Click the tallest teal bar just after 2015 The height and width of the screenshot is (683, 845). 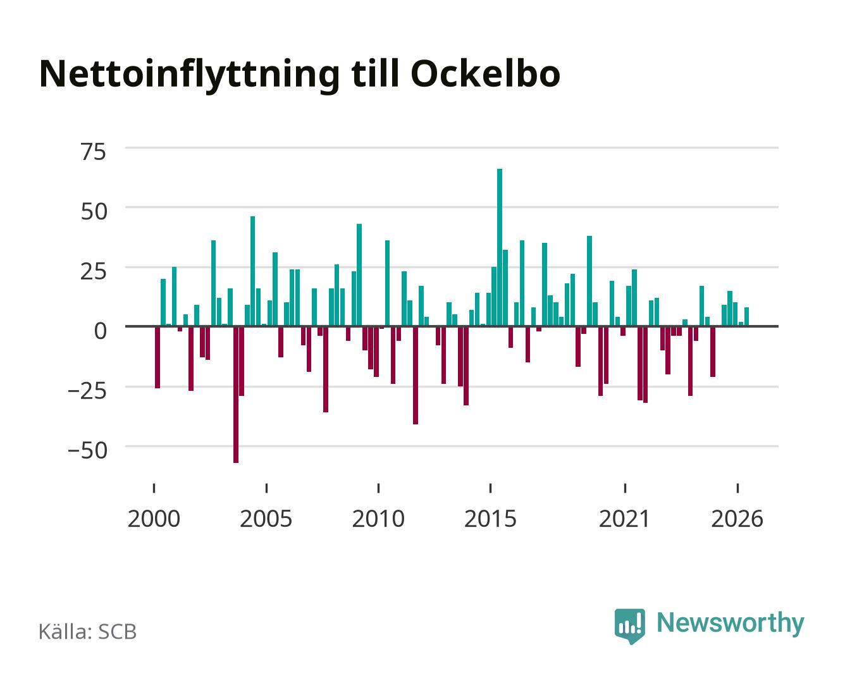click(x=500, y=247)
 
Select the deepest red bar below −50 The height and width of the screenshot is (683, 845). click(x=236, y=395)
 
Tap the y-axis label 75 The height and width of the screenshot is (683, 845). click(x=93, y=152)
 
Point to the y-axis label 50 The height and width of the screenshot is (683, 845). click(x=94, y=212)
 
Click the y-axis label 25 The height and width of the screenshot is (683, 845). click(x=93, y=272)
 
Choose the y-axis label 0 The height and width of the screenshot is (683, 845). click(x=101, y=331)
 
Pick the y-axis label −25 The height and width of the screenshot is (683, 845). click(x=87, y=391)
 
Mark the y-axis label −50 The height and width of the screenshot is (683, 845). click(x=87, y=450)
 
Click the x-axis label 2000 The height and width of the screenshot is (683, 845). click(x=154, y=519)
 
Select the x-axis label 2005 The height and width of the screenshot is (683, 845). click(x=266, y=519)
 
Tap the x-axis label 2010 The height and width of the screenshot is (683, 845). click(x=378, y=519)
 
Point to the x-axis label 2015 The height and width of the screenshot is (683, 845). click(x=491, y=519)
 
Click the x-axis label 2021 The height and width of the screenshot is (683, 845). click(x=625, y=519)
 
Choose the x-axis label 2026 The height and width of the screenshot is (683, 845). click(x=737, y=519)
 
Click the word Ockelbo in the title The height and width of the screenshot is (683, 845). click(x=486, y=74)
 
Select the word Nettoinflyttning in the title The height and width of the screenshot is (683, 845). click(x=190, y=76)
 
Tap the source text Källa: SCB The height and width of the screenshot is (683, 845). click(x=88, y=632)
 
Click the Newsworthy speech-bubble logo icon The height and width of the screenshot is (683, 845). click(x=629, y=626)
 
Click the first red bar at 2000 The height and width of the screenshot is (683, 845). click(x=157, y=357)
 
